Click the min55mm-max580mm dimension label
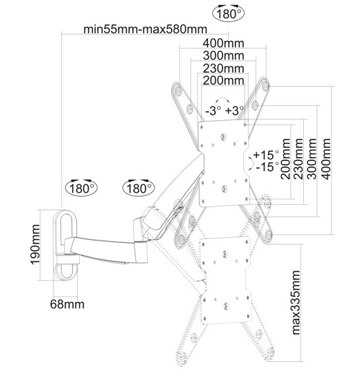[145, 29]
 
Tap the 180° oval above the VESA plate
[229, 14]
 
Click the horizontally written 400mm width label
[223, 44]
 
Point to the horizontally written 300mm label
[223, 56]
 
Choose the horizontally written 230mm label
[223, 69]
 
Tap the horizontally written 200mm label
[223, 81]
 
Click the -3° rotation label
[213, 111]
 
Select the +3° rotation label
[234, 111]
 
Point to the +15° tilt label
[266, 155]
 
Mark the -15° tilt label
[267, 167]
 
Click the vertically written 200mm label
[285, 159]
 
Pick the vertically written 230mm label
[299, 159]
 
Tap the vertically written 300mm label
[312, 159]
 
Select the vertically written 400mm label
[326, 159]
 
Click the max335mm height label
[296, 302]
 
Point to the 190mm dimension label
[35, 244]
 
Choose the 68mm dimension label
[67, 304]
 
